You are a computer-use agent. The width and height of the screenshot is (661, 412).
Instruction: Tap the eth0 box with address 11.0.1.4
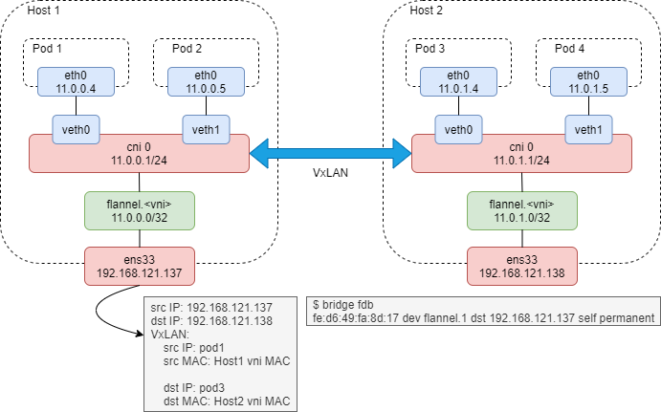coord(457,82)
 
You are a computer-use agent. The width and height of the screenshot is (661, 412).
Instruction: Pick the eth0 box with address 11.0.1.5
coord(586,82)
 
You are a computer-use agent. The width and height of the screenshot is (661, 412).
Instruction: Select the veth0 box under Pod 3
coord(457,129)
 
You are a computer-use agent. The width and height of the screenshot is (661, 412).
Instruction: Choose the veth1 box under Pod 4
coord(586,129)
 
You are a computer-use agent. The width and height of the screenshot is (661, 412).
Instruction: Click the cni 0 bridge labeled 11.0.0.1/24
coord(139,153)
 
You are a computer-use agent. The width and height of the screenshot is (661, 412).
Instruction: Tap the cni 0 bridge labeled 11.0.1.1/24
coord(521,153)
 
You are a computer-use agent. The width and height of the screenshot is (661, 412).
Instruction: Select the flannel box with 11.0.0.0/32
coord(139,208)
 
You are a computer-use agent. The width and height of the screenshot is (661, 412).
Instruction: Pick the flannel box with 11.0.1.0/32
coord(521,208)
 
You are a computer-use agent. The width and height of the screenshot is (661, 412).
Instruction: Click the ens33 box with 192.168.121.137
coord(139,266)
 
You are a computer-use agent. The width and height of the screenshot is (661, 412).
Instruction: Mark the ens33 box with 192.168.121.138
coord(521,266)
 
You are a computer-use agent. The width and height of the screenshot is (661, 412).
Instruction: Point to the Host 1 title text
coord(43,11)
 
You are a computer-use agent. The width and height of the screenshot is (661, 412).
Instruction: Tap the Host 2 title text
coord(427,11)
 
